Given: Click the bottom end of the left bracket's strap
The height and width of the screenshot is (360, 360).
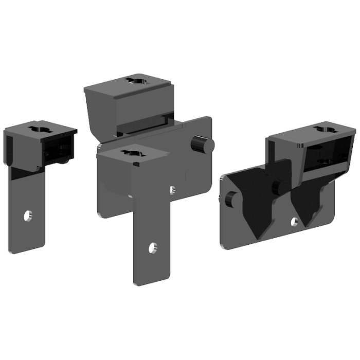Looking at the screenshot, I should tap(27, 249).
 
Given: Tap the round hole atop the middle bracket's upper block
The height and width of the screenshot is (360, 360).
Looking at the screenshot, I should tap(137, 80).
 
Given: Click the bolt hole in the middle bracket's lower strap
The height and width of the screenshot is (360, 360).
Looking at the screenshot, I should tap(152, 248).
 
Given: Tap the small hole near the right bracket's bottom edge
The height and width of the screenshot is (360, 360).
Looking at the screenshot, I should tap(294, 222).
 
